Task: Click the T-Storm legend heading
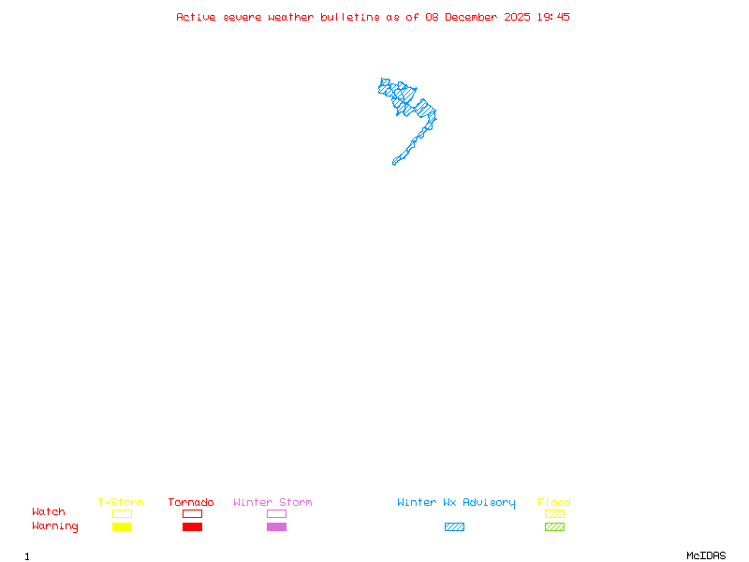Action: coord(121,503)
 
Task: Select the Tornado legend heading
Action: coord(191,503)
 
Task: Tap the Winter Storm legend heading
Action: coord(272,503)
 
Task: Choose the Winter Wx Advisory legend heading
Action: coord(456,503)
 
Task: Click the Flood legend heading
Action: coord(554,503)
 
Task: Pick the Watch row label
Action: coord(49,512)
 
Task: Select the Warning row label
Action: coord(55,526)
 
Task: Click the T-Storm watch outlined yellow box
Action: coord(122,513)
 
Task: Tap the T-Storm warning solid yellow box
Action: coord(122,526)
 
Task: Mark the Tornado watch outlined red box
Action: coord(192,513)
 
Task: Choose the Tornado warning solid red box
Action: coord(192,526)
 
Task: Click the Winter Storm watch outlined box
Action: coord(276,513)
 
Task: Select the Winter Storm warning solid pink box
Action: coord(276,526)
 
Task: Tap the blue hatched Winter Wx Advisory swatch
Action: coord(454,526)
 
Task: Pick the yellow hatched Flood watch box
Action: coord(554,513)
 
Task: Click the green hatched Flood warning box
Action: coord(554,526)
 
